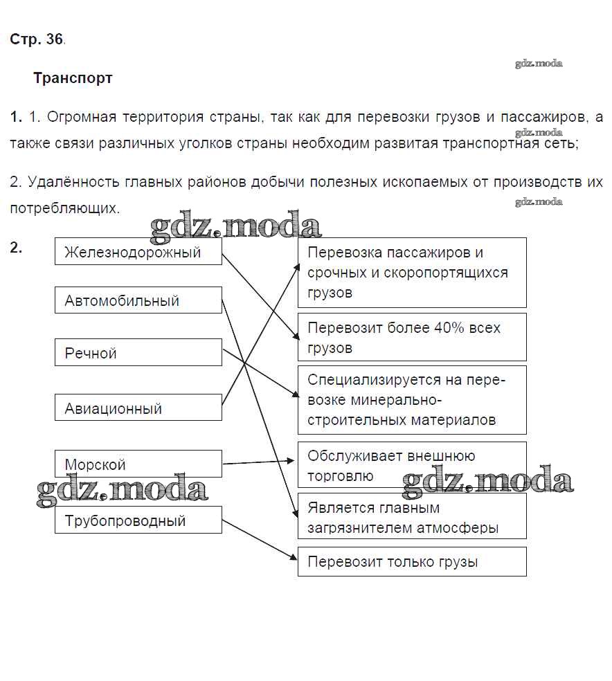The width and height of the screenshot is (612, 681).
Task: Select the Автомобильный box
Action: point(138,300)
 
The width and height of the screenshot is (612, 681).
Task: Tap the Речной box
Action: point(138,353)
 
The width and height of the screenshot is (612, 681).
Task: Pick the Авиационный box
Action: point(138,408)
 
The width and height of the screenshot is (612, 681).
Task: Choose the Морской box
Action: point(138,464)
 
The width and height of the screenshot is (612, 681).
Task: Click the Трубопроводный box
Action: point(138,520)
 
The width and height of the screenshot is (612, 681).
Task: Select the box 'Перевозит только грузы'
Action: point(412,562)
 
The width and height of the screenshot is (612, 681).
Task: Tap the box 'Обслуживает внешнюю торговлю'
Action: point(412,465)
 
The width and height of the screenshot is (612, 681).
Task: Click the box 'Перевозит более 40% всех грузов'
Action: point(412,337)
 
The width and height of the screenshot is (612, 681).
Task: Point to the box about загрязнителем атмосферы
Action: point(412,517)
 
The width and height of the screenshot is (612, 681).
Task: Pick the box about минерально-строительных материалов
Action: point(412,400)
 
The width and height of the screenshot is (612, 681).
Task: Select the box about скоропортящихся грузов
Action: point(412,273)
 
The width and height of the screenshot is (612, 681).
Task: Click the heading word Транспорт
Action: point(73,78)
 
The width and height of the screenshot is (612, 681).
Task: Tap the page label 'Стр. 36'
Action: point(37,39)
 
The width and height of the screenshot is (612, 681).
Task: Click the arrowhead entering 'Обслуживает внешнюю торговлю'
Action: point(292,460)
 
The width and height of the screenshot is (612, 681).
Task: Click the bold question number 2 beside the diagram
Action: point(16,247)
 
